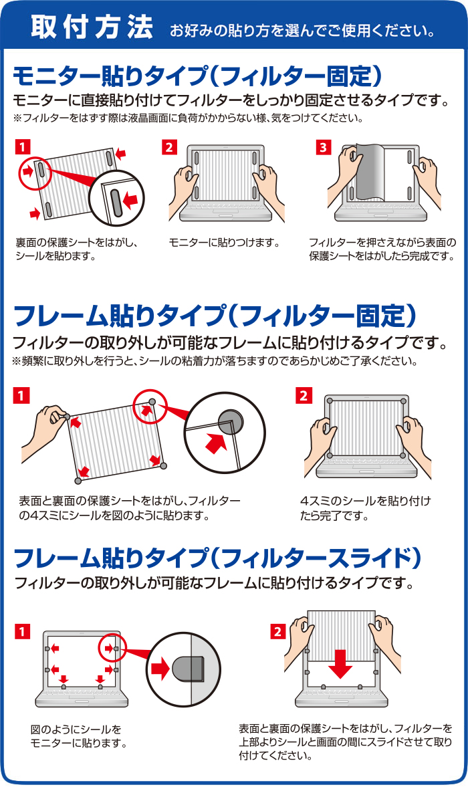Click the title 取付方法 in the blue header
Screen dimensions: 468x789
92,27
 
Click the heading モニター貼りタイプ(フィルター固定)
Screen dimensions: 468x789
197,76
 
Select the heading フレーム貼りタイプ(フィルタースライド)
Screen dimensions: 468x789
217,557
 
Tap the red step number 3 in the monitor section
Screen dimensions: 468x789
323,147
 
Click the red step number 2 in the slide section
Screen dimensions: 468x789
277,631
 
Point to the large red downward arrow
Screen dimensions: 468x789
341,664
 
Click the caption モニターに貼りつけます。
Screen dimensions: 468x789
225,243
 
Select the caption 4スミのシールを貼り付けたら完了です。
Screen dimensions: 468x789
365,508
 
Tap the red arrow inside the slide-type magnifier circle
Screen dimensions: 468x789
161,670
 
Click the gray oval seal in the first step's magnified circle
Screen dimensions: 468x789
117,203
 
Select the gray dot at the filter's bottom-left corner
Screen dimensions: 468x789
78,481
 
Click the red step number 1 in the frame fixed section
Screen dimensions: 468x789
22,396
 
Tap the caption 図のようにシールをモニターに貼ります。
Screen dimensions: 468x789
78,736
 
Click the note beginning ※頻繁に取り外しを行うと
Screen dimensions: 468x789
215,361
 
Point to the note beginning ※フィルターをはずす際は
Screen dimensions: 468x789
188,119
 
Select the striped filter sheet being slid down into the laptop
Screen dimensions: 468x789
341,635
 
